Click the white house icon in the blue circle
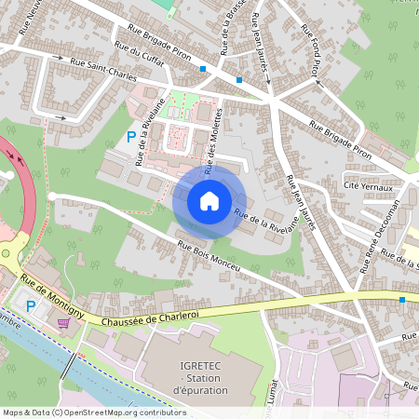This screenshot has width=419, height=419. pos(209,200)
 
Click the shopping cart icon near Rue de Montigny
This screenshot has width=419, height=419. pos(63,323)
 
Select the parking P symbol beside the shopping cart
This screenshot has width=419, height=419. pos(31,305)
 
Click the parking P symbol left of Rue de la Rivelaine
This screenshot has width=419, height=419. pos(130,137)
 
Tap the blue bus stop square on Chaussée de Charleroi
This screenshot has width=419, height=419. pos(401,299)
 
